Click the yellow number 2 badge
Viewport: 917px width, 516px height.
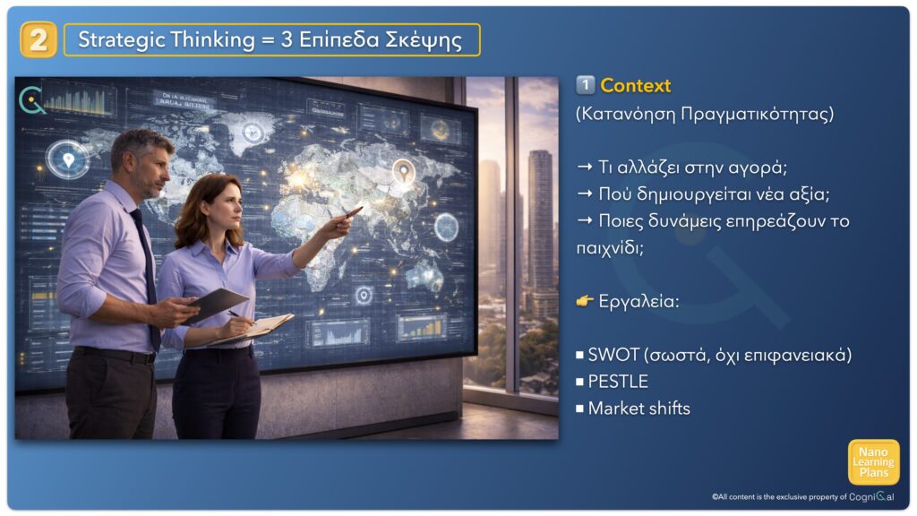(38, 39)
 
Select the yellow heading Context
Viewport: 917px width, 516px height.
(635, 85)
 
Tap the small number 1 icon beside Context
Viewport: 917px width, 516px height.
(586, 85)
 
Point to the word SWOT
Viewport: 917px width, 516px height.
(613, 355)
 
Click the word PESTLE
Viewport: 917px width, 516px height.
(618, 382)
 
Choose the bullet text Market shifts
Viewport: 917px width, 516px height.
(638, 408)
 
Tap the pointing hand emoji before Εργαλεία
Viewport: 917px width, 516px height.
(585, 301)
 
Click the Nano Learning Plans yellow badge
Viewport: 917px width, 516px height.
(873, 462)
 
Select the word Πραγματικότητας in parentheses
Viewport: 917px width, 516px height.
(757, 114)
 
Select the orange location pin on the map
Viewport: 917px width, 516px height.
(403, 171)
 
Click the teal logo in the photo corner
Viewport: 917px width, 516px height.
(31, 100)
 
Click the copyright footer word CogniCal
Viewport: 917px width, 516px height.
(871, 496)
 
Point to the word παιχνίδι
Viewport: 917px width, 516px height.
(609, 248)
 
